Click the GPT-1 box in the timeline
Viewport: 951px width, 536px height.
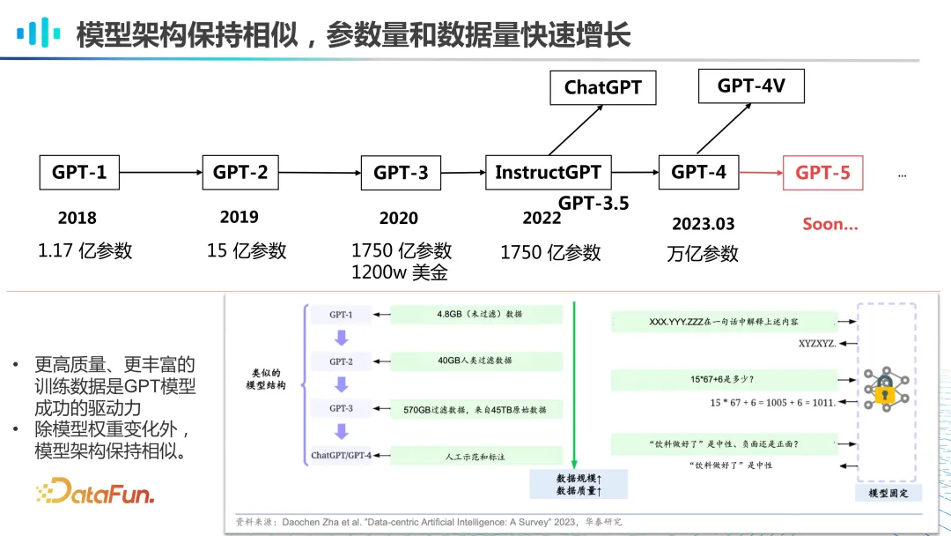(79, 172)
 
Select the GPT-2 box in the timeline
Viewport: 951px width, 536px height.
(240, 172)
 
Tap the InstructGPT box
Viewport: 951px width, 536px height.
(548, 172)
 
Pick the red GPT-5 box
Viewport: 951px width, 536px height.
(822, 173)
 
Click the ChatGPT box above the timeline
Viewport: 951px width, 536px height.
(603, 87)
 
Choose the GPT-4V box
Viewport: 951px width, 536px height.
(751, 86)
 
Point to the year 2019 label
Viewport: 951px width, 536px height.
(239, 217)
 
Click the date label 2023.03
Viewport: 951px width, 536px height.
(703, 224)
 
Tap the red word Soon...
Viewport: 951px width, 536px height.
(829, 224)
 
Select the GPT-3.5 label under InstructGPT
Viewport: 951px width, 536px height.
(593, 204)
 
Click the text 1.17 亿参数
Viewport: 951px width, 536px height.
(85, 250)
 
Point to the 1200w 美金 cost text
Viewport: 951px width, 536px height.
(400, 272)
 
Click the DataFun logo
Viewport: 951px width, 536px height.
(95, 490)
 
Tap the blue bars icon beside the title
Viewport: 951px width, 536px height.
(40, 33)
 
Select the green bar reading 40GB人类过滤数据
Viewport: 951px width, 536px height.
(475, 361)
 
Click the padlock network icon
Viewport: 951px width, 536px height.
(884, 388)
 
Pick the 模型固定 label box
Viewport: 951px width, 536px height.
(888, 493)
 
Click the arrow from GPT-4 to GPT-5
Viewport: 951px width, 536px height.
(760, 173)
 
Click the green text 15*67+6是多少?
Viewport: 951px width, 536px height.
(722, 380)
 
